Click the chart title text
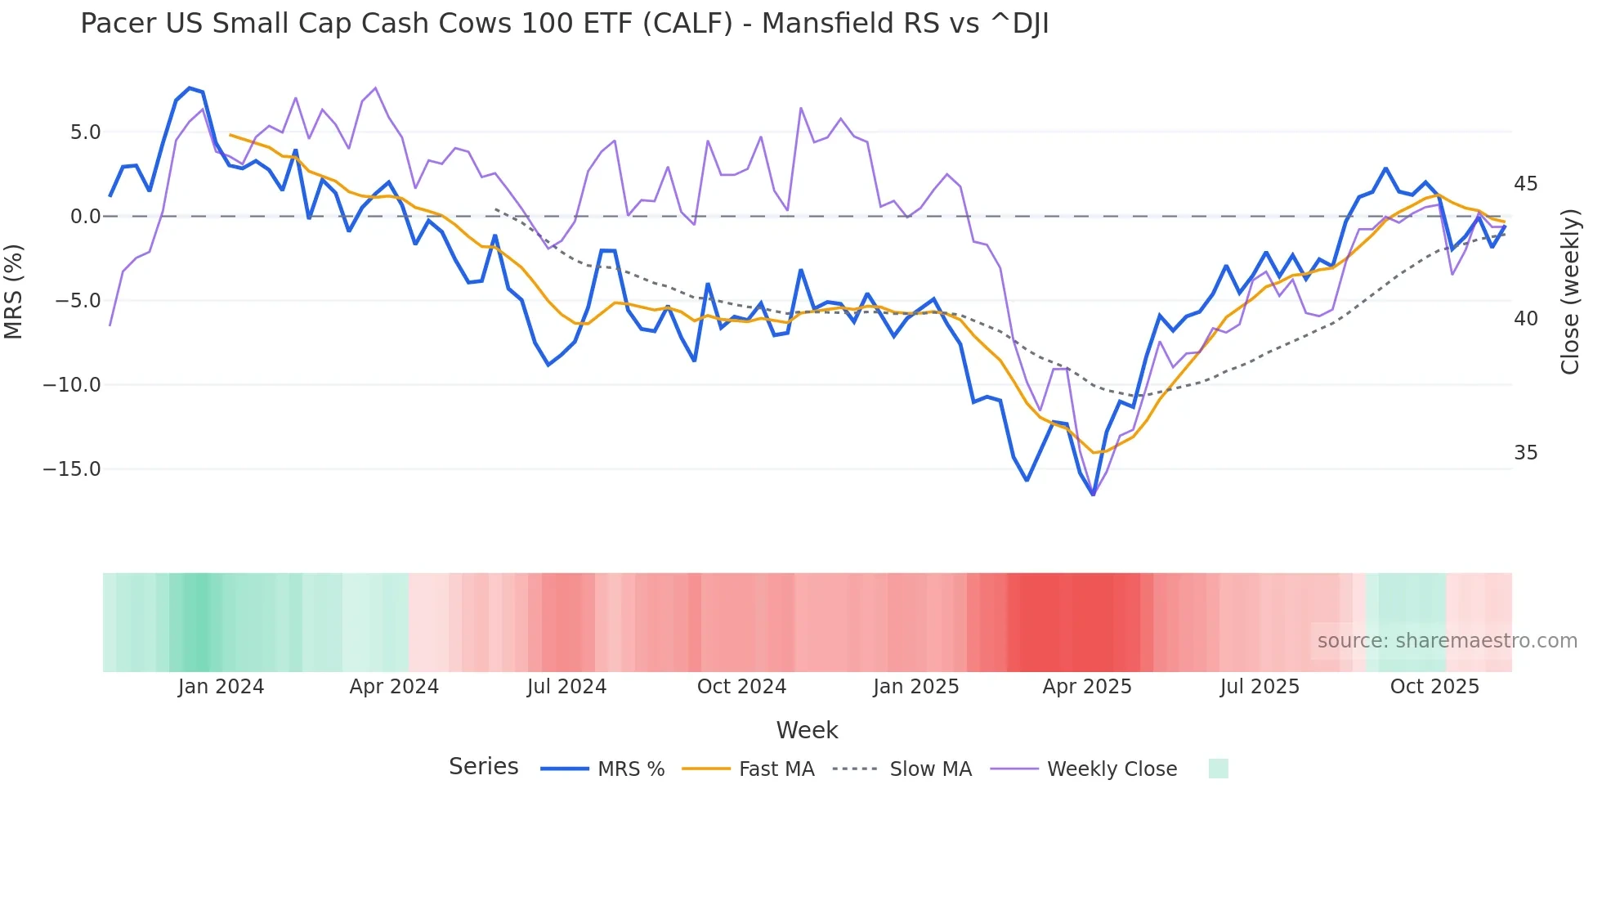[564, 24]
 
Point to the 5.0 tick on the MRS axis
[85, 132]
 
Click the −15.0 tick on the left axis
[72, 469]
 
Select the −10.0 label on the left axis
[72, 385]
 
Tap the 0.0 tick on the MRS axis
[85, 217]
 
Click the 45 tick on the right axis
[1525, 184]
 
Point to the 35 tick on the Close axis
[1525, 453]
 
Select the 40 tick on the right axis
[1525, 319]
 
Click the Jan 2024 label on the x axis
[221, 687]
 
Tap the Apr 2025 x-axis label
[1086, 687]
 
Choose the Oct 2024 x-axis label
[741, 687]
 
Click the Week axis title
[807, 730]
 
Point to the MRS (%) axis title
[14, 291]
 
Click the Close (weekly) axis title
[1570, 291]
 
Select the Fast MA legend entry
[776, 769]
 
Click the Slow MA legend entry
[930, 769]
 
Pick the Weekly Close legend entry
[1112, 769]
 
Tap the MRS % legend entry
[630, 769]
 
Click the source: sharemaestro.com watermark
[1447, 641]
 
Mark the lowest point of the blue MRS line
[1093, 495]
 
